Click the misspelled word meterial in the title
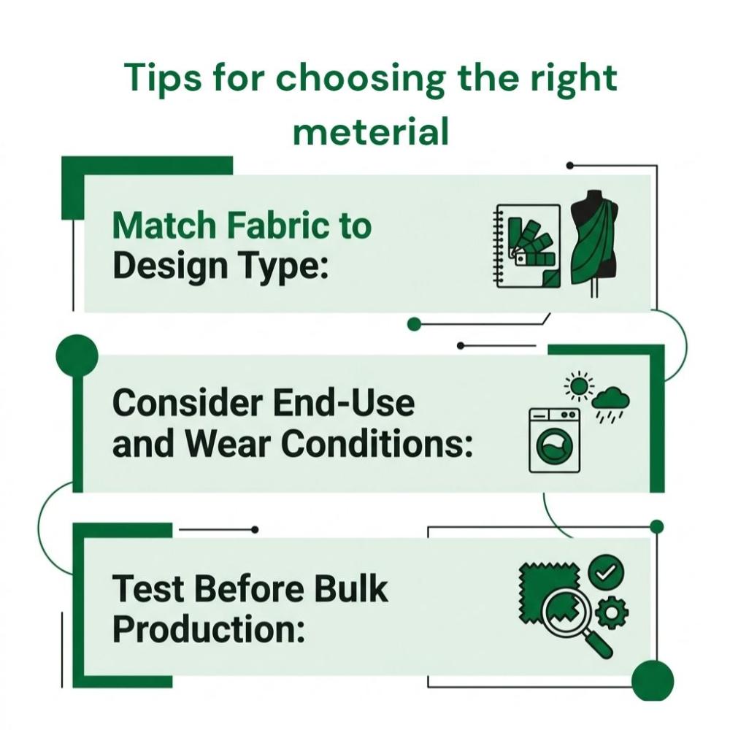pyautogui.click(x=371, y=131)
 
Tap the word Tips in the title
pyautogui.click(x=163, y=79)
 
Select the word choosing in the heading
pyautogui.click(x=361, y=79)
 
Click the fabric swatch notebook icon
pyautogui.click(x=527, y=246)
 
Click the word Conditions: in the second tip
pyautogui.click(x=377, y=443)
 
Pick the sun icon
pyautogui.click(x=579, y=385)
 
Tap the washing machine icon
pyautogui.click(x=555, y=440)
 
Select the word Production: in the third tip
pyautogui.click(x=209, y=629)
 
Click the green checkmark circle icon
pyautogui.click(x=606, y=572)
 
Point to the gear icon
pyautogui.click(x=612, y=613)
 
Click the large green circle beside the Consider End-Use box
pyautogui.click(x=77, y=356)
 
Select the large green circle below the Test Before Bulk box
pyautogui.click(x=653, y=680)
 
